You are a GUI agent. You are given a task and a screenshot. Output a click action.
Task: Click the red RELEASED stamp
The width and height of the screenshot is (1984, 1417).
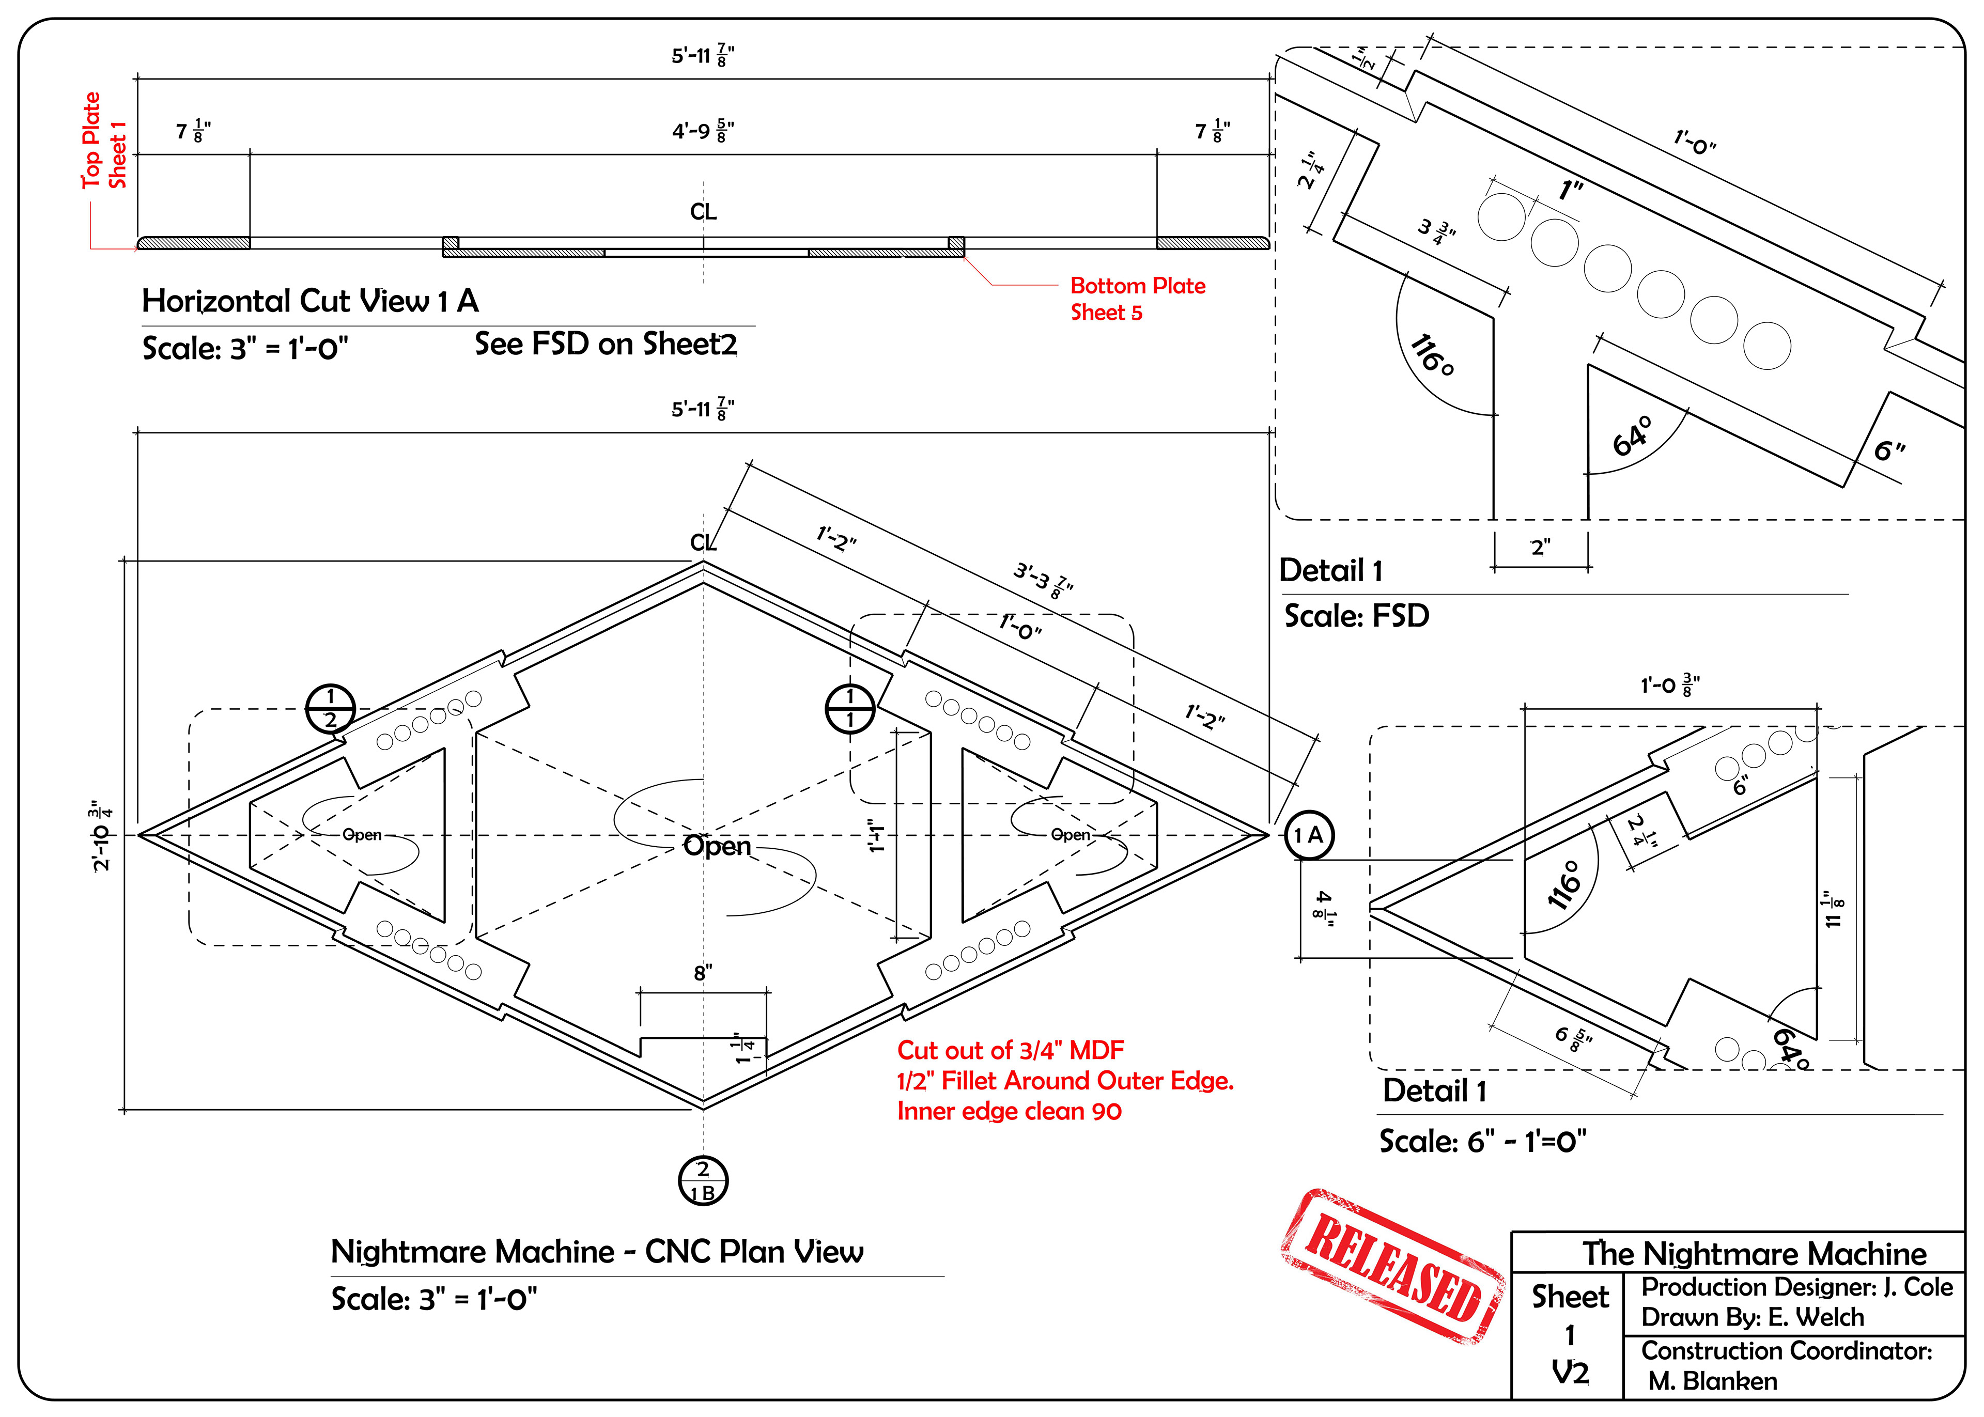[1392, 1267]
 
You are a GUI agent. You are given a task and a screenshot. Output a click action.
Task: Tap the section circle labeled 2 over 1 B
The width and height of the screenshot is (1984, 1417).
[703, 1181]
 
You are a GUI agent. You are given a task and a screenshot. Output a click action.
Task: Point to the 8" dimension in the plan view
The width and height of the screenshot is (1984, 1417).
[703, 973]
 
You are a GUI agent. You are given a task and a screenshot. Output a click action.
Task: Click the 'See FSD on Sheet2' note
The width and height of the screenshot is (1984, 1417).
[606, 344]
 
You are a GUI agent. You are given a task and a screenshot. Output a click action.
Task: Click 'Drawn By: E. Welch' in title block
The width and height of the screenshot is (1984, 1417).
[1752, 1317]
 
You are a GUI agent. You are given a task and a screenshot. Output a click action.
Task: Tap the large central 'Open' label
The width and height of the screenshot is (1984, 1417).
[717, 846]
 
